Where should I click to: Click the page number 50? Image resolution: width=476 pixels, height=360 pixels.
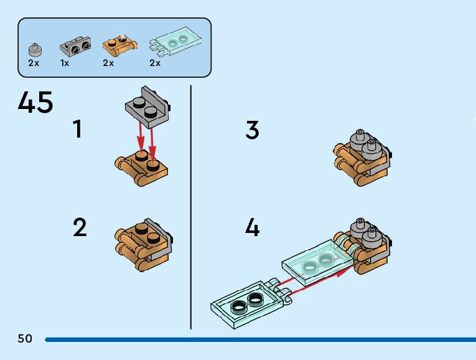[25, 339]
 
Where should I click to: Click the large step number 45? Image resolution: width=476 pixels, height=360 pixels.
[35, 103]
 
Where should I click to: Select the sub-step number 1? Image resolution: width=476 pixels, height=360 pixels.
[77, 129]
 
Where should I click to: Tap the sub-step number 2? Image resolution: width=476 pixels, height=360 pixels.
[80, 227]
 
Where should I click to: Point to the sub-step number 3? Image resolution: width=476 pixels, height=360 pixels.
[252, 130]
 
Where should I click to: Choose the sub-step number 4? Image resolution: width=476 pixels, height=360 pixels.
[252, 228]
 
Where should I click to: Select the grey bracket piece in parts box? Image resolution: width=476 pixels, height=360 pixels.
[75, 45]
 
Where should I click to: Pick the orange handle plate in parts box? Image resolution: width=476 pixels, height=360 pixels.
[119, 45]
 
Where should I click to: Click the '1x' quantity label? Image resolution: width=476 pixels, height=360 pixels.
[65, 63]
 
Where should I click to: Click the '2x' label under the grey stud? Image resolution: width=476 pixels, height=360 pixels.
[34, 63]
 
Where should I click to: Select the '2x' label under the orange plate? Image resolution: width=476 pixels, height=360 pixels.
[108, 63]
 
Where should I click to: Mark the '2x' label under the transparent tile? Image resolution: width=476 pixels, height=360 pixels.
[155, 63]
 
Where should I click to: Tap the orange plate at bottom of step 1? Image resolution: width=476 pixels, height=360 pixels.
[142, 166]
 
